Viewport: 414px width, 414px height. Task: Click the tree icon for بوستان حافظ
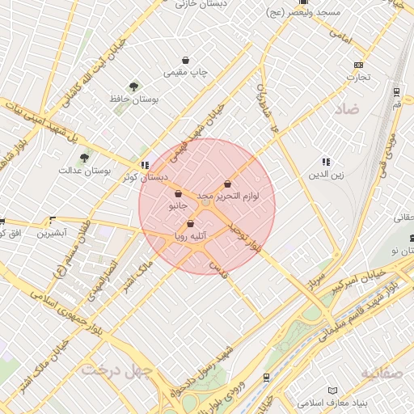point(133,86)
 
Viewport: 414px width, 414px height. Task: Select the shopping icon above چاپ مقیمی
point(186,60)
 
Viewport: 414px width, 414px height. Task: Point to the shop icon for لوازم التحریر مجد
point(227,184)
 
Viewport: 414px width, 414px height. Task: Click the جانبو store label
point(177,206)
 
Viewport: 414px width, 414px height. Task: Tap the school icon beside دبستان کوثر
point(145,165)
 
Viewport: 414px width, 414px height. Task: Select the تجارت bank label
point(358,78)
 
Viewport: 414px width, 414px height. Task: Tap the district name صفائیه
point(381,373)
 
